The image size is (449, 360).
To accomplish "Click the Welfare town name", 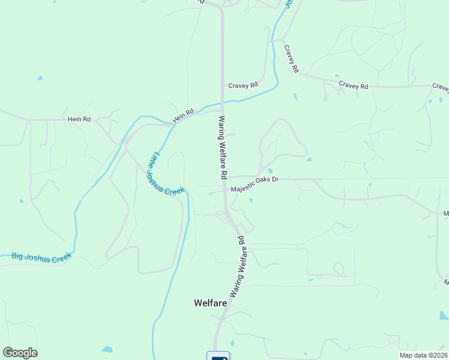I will [x=210, y=303].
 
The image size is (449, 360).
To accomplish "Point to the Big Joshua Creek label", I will [x=41, y=256].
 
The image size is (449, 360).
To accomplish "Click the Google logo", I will [x=20, y=353].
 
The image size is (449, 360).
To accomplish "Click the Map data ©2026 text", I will [x=423, y=355].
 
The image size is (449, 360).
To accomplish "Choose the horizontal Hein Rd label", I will [x=79, y=119].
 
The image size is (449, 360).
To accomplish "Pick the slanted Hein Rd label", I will [x=184, y=115].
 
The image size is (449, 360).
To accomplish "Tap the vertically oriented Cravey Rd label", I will [x=291, y=59].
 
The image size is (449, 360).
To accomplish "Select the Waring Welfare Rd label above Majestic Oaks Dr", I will [x=221, y=148].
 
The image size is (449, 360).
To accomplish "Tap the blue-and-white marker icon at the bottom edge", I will [x=218, y=356].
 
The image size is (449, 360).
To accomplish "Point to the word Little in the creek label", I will [x=155, y=160].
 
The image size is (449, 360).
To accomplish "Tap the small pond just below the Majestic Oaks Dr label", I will [x=251, y=200].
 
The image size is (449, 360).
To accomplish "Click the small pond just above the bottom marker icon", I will [x=232, y=343].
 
